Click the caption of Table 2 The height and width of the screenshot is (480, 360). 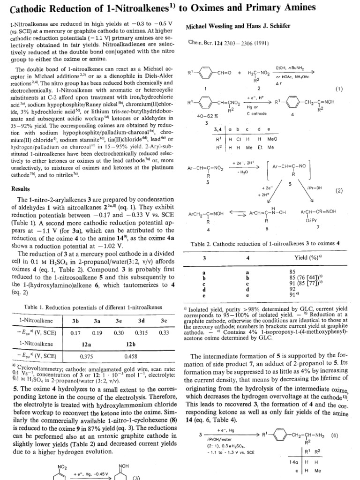(x=265, y=244)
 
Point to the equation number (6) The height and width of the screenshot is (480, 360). (x=334, y=435)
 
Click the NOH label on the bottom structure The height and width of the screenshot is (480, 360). (x=124, y=467)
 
